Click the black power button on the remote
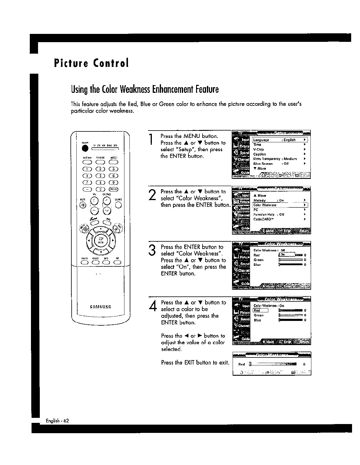[x=85, y=148]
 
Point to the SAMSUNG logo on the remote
[x=101, y=307]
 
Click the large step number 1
[x=151, y=139]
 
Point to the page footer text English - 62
[x=57, y=421]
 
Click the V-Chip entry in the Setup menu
[x=259, y=149]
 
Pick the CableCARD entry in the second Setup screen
[x=263, y=219]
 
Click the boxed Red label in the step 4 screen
[x=260, y=310]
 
